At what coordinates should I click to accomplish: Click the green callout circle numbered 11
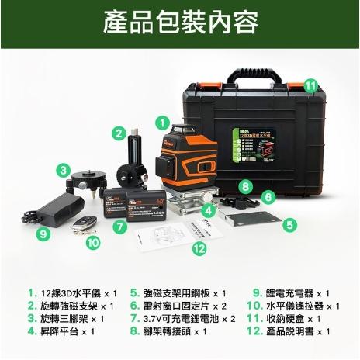(x=310, y=85)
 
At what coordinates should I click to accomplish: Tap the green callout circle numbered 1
(x=161, y=122)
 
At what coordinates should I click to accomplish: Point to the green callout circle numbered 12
(x=199, y=248)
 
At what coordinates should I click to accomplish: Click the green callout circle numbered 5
(x=289, y=225)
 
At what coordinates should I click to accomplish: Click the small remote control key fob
(x=81, y=223)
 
